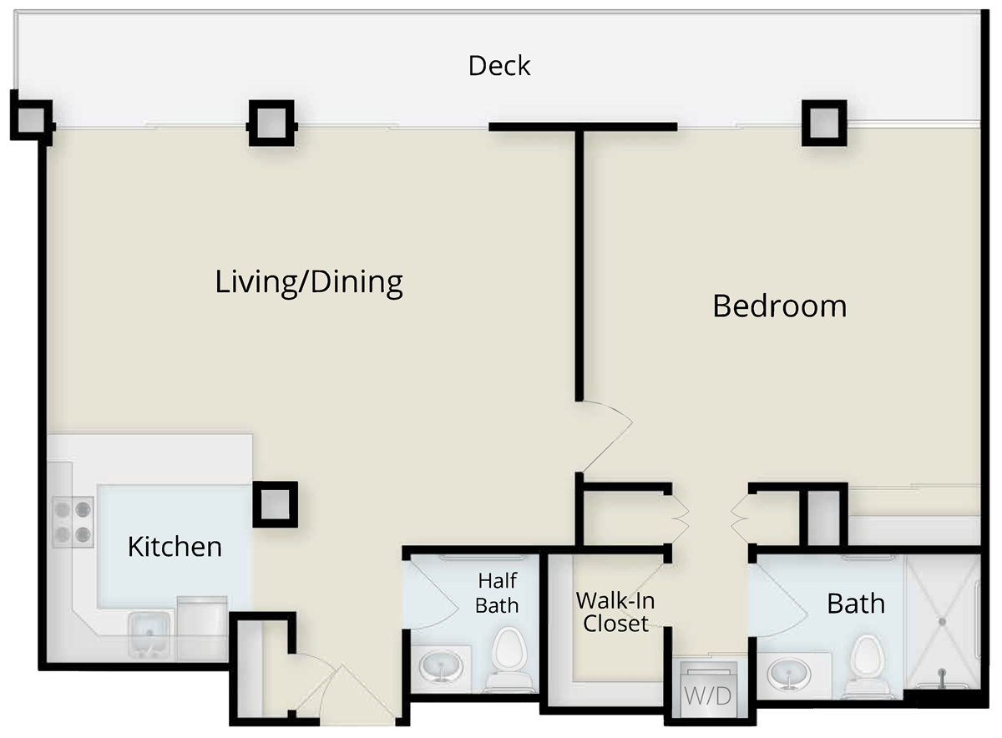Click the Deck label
coord(499,66)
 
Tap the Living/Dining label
coord(309,282)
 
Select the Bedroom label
coord(780,306)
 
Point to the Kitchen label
coord(175,547)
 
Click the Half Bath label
coord(497,593)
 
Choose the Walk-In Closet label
coord(615,612)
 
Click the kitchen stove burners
coord(73,522)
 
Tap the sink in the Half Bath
coord(441,667)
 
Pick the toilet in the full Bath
coord(867,665)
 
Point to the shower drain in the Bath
coord(942,622)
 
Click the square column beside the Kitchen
coord(275,504)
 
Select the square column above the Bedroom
coord(824,123)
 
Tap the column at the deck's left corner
coord(32,120)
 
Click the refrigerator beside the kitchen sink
coord(203,628)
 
